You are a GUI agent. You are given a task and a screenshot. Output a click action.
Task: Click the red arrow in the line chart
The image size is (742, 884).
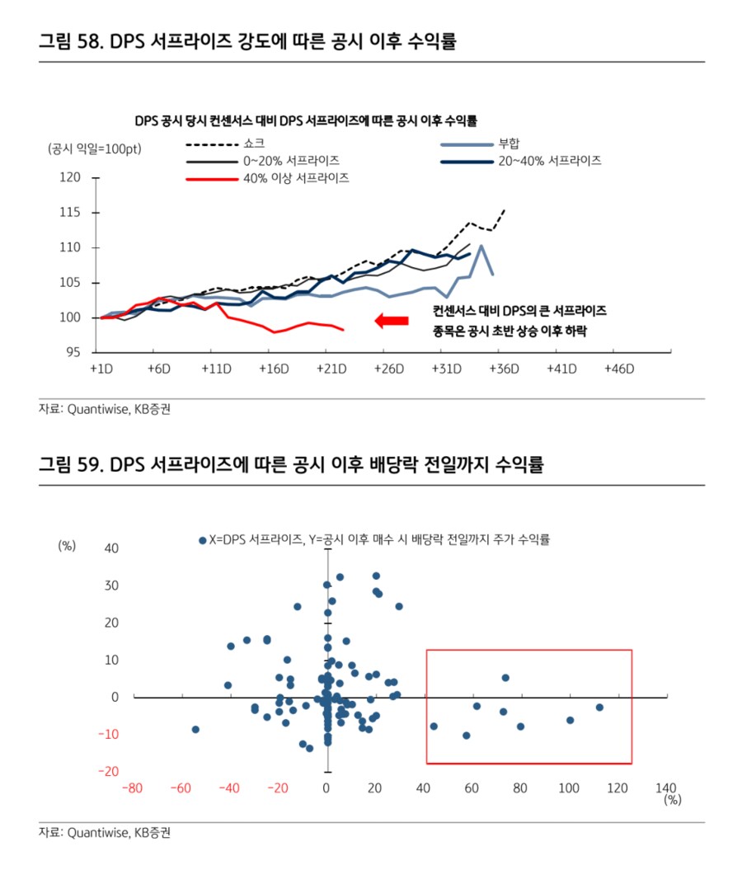pyautogui.click(x=392, y=321)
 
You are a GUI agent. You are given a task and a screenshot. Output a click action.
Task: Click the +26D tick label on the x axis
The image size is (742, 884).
pyautogui.click(x=388, y=369)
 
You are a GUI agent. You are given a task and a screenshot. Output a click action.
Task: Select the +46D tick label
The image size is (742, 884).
pyautogui.click(x=618, y=369)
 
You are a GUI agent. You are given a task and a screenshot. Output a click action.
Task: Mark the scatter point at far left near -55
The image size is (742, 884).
pyautogui.click(x=195, y=730)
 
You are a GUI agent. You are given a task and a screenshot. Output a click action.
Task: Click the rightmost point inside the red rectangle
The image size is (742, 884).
pyautogui.click(x=599, y=708)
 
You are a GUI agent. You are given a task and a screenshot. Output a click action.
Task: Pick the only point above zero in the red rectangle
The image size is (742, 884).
pyautogui.click(x=505, y=678)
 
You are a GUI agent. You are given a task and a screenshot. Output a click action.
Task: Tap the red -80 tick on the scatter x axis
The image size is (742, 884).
pyautogui.click(x=133, y=788)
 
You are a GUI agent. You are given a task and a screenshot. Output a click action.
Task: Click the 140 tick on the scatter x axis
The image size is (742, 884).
pyautogui.click(x=665, y=788)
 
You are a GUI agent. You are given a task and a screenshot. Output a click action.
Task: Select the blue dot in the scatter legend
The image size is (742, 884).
pyautogui.click(x=201, y=540)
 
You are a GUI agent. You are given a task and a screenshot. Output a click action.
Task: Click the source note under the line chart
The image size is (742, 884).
pyautogui.click(x=105, y=408)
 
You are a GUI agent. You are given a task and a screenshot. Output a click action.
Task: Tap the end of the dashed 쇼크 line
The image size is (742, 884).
pyautogui.click(x=504, y=210)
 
